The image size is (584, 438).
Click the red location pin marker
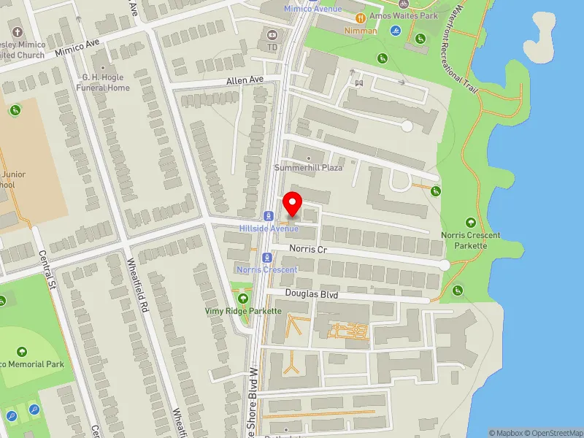point(293,203)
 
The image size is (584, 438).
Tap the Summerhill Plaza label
point(308,168)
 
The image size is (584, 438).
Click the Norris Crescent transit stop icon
point(268,258)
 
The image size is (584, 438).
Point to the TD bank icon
point(272,34)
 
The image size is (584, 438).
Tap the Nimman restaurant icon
point(360,18)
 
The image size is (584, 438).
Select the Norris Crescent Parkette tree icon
point(470,223)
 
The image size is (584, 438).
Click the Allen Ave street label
point(244,80)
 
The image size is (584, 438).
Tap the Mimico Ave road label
point(77,49)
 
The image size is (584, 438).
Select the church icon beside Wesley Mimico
point(16,33)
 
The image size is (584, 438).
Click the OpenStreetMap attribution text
point(553,433)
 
